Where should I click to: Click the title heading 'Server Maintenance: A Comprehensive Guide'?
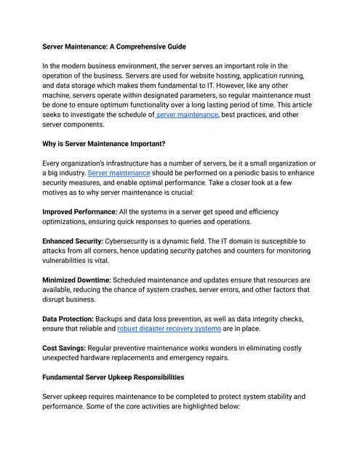coord(114,46)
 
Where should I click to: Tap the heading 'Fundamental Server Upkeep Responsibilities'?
coord(113,377)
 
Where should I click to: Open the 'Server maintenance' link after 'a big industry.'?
coord(119,173)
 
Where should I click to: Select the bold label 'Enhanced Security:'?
coord(73,240)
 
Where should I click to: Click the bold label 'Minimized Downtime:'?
coord(76,280)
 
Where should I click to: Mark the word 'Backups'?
coord(116,318)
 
